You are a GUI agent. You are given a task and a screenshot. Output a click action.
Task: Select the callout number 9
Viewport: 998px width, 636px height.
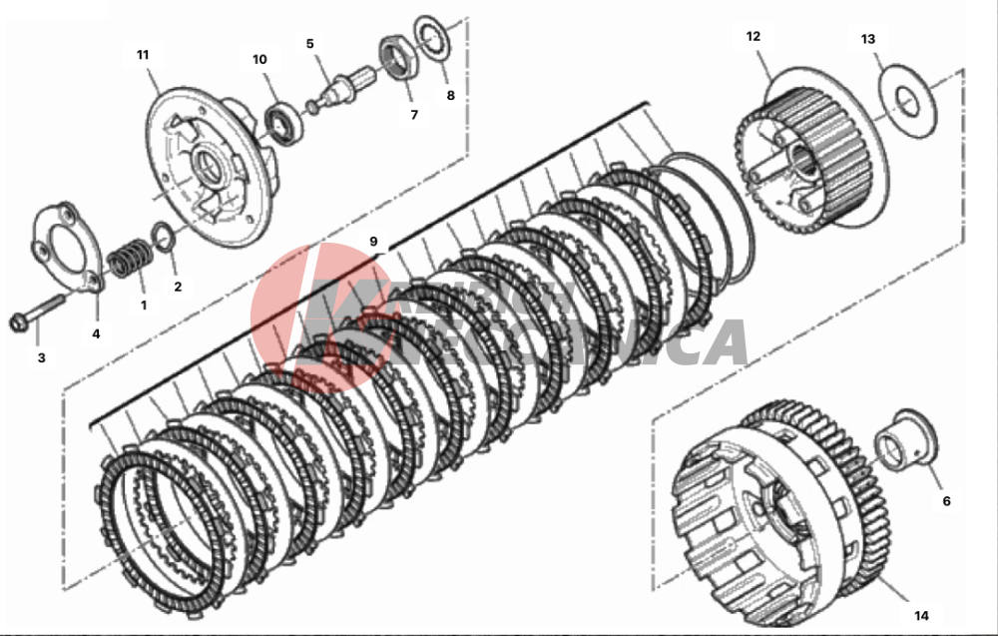[x=373, y=242]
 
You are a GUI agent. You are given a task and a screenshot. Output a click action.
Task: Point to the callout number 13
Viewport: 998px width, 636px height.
[x=867, y=39]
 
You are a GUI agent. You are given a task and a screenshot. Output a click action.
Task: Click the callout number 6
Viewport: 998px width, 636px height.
[x=946, y=500]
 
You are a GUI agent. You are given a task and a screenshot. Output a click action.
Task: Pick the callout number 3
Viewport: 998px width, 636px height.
[x=41, y=356]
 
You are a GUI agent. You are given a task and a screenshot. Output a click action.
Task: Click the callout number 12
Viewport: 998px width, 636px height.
[x=752, y=36]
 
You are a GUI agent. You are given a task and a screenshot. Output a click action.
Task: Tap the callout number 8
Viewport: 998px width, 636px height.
[x=450, y=96]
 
